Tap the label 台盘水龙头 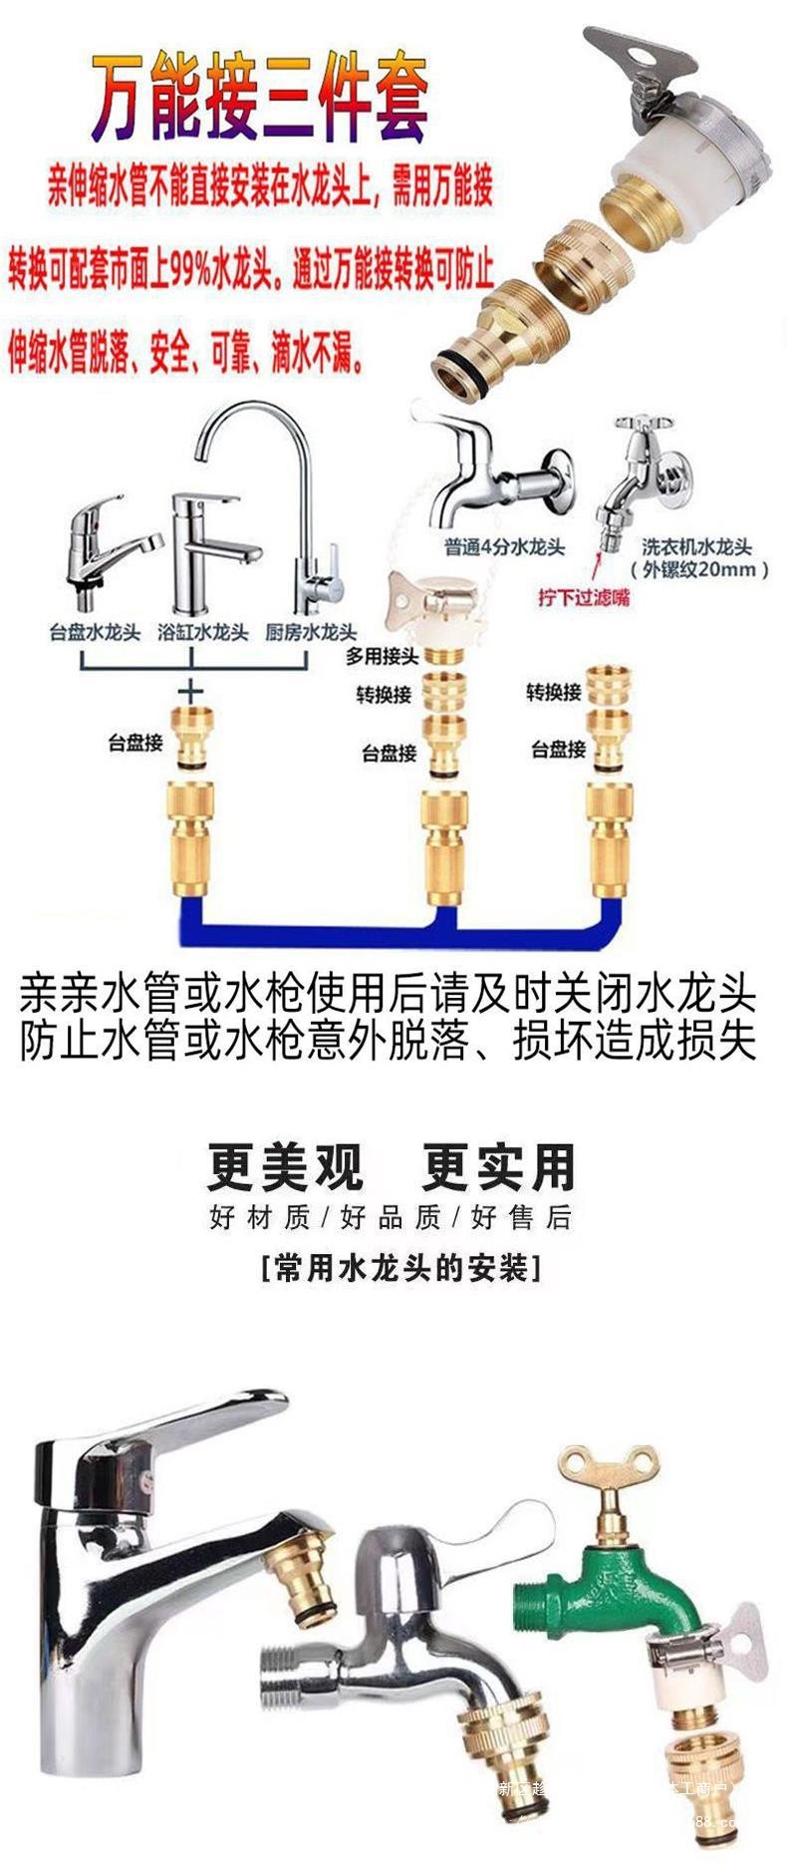96,632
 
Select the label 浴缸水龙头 202,632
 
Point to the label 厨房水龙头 311,632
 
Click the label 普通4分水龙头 504,547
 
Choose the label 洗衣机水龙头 696,546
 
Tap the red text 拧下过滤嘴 584,598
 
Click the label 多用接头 382,656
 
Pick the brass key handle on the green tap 599,1474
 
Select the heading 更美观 285,1167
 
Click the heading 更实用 498,1167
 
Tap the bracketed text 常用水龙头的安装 399,1269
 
